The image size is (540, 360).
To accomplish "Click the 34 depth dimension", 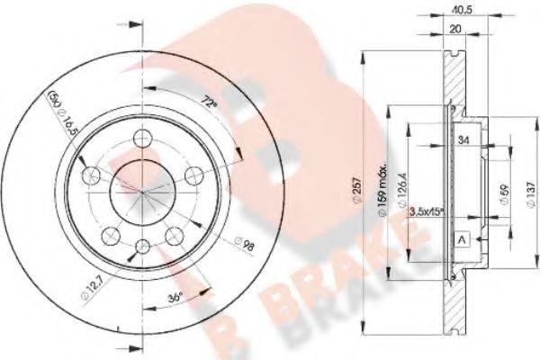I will click(x=464, y=139).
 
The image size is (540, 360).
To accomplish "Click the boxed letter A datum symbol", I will click(x=462, y=239).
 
